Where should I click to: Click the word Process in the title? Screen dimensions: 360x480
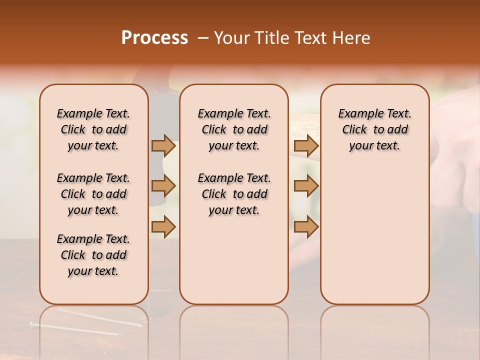pyautogui.click(x=154, y=38)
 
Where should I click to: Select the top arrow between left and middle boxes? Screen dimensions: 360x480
pyautogui.click(x=163, y=145)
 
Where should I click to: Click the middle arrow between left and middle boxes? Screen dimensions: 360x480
pyautogui.click(x=163, y=186)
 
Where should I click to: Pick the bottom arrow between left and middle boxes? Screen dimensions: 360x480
pyautogui.click(x=163, y=226)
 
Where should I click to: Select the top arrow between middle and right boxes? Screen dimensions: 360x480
pyautogui.click(x=306, y=145)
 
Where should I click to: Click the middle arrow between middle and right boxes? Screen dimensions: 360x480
pyautogui.click(x=306, y=186)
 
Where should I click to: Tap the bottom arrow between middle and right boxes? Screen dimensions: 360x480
pyautogui.click(x=306, y=226)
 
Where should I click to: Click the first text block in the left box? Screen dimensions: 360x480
pyautogui.click(x=93, y=129)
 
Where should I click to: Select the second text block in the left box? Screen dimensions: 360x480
pyautogui.click(x=93, y=194)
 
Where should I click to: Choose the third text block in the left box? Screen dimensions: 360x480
pyautogui.click(x=93, y=255)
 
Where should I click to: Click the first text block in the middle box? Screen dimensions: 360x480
pyautogui.click(x=234, y=129)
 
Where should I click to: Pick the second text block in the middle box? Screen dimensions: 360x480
pyautogui.click(x=234, y=194)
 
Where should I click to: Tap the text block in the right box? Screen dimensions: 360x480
pyautogui.click(x=374, y=129)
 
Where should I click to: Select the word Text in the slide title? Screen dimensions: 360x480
pyautogui.click(x=311, y=38)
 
